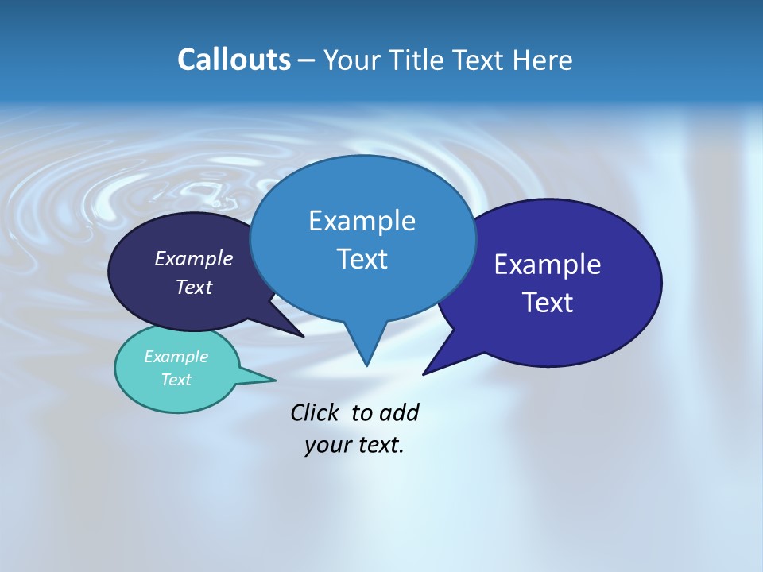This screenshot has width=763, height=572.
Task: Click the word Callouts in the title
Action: [x=234, y=60]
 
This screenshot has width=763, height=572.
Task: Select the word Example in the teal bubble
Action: [x=176, y=357]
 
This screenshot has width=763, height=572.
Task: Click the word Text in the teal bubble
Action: [x=176, y=380]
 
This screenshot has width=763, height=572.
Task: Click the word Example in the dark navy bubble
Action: [x=193, y=259]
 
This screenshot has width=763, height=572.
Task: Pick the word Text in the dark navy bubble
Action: [x=193, y=287]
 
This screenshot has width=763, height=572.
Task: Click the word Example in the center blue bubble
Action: [x=362, y=221]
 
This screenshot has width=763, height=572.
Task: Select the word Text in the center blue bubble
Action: [x=362, y=259]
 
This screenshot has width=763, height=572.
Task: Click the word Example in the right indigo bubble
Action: [x=548, y=265]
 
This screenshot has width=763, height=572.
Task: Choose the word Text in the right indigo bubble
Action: [x=548, y=303]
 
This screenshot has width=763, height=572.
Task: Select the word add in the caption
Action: [x=399, y=413]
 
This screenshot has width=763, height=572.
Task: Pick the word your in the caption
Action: [x=327, y=445]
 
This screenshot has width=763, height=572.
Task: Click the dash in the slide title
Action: [x=308, y=60]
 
